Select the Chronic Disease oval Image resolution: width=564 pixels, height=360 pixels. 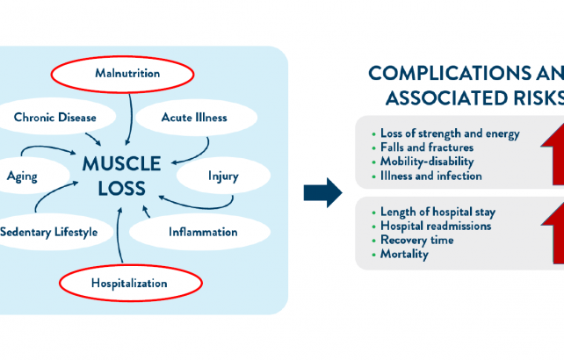click(x=55, y=117)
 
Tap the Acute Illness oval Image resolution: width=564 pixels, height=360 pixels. click(x=194, y=117)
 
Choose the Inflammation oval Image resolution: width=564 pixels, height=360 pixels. click(x=202, y=233)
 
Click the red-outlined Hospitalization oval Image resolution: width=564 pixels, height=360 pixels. click(x=128, y=283)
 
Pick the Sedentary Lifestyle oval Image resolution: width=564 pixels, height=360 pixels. click(x=54, y=233)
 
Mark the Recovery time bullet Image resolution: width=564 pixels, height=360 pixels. click(x=417, y=240)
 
